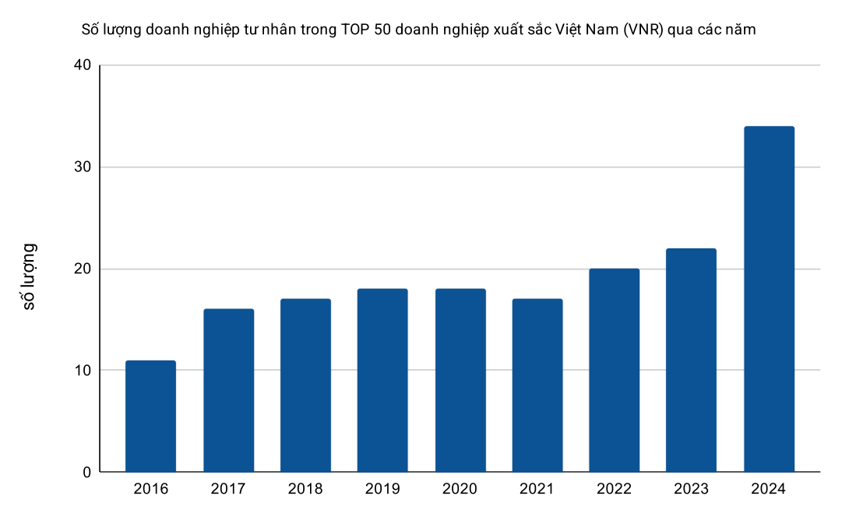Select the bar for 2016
pyautogui.click(x=150, y=417)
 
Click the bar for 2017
pyautogui.click(x=228, y=390)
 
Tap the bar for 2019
pyautogui.click(x=382, y=380)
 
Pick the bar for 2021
pyautogui.click(x=537, y=385)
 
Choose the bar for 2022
pyautogui.click(x=615, y=370)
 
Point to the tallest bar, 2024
pyautogui.click(x=769, y=299)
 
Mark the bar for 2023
pyautogui.click(x=692, y=360)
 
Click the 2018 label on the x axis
pyautogui.click(x=305, y=489)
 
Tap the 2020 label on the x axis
pyautogui.click(x=460, y=489)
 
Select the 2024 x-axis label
pyautogui.click(x=769, y=489)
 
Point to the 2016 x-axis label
pyautogui.click(x=150, y=489)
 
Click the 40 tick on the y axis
pyautogui.click(x=82, y=65)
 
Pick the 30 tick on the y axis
pyautogui.click(x=82, y=167)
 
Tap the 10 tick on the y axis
pyautogui.click(x=82, y=371)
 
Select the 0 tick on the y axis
pyautogui.click(x=86, y=472)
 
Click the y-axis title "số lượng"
pyautogui.click(x=30, y=276)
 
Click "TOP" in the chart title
pyautogui.click(x=356, y=30)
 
